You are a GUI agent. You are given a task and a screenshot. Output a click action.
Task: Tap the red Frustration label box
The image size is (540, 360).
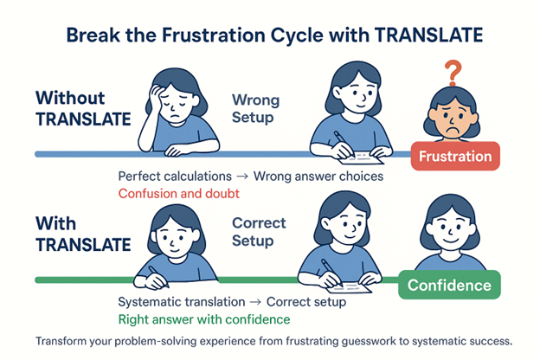coord(454,157)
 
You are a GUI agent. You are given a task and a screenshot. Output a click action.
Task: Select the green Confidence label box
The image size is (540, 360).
coord(448,285)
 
